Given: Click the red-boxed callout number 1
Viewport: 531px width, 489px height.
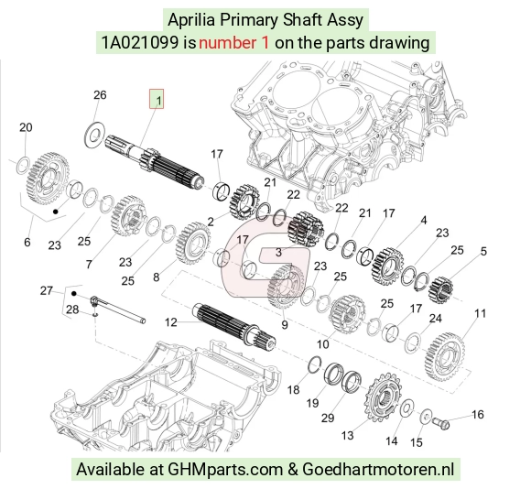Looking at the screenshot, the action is (157, 99).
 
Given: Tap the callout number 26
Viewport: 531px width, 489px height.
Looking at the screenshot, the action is (100, 95).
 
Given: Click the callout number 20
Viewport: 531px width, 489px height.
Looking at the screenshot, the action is (26, 127).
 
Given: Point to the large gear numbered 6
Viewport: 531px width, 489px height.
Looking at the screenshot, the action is (48, 179).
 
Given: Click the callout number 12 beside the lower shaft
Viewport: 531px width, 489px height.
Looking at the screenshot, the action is (171, 322).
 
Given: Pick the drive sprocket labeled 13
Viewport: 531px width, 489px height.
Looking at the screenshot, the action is (383, 397).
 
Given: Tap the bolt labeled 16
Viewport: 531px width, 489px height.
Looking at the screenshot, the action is (440, 422).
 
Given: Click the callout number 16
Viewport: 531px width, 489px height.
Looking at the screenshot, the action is (478, 415).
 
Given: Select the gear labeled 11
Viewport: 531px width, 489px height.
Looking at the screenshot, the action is (445, 356).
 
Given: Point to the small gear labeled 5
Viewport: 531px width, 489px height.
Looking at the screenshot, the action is (440, 290).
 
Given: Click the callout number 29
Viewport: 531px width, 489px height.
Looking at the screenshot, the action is (328, 418).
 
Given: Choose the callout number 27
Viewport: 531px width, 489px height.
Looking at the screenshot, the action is (47, 290).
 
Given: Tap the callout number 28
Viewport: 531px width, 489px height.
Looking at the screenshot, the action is (72, 310).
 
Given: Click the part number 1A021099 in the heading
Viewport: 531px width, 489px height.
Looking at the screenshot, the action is (140, 43).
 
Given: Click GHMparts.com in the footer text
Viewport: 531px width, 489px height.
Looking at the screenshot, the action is (225, 470).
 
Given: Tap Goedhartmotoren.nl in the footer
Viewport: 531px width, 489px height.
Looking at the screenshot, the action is (378, 470).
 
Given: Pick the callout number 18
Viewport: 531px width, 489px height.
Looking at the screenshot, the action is (293, 390).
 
